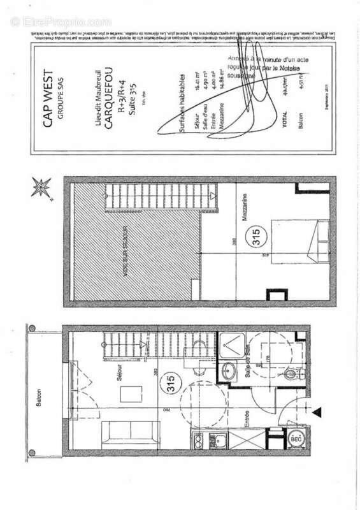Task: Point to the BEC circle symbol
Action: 296,439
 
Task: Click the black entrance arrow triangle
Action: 317,413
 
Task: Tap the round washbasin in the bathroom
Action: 229,369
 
